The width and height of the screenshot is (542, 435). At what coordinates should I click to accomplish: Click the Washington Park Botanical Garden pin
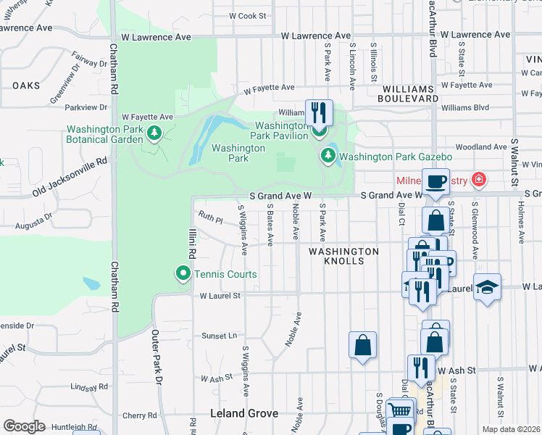click(154, 133)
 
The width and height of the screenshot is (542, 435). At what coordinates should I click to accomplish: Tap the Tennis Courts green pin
click(183, 273)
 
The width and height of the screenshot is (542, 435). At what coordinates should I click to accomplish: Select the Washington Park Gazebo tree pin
click(328, 155)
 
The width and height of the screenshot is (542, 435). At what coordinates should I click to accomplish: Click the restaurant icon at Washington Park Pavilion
click(319, 112)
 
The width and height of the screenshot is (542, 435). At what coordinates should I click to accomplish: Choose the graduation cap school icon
click(487, 287)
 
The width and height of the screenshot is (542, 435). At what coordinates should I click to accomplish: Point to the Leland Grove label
click(244, 413)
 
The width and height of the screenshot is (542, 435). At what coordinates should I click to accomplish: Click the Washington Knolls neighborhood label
click(343, 256)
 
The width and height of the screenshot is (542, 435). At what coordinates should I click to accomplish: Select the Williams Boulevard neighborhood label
click(409, 93)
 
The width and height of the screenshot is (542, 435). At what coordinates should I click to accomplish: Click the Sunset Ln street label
click(219, 336)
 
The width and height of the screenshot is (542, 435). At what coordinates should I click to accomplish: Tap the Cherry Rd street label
click(135, 415)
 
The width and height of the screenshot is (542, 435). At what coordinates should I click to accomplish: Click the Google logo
click(24, 426)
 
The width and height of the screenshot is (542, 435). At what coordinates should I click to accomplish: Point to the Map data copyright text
click(512, 429)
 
